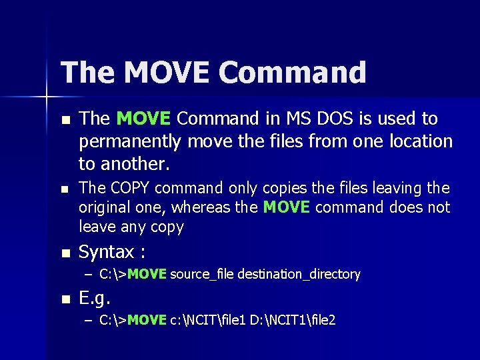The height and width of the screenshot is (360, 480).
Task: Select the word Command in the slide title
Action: point(293,73)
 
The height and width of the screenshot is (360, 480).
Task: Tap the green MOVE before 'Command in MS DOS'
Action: point(144,119)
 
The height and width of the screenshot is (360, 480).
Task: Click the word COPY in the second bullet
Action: point(133,188)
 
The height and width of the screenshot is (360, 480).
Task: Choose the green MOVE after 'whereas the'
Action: point(287,207)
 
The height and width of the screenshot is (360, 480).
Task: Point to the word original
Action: point(104,207)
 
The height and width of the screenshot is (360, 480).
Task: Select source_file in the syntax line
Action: point(202,274)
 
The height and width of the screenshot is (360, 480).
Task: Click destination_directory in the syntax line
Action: point(299,274)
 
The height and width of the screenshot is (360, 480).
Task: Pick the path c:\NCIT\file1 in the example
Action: point(209,321)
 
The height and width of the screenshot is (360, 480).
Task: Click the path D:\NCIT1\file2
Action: point(293,321)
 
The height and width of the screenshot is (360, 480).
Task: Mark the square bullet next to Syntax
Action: point(65,253)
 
